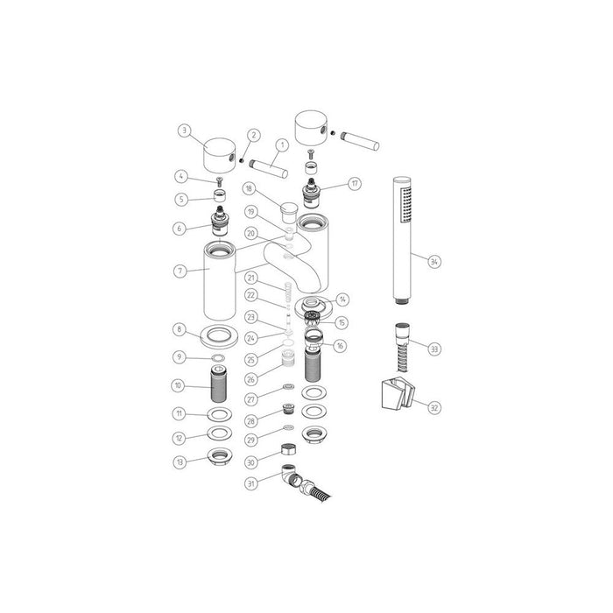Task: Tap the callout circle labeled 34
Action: [x=435, y=260]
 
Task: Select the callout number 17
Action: [x=354, y=184]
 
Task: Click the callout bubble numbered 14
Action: [x=342, y=299]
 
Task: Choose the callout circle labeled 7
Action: [x=180, y=271]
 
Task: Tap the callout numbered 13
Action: [x=180, y=462]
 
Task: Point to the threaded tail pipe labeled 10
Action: [x=215, y=384]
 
